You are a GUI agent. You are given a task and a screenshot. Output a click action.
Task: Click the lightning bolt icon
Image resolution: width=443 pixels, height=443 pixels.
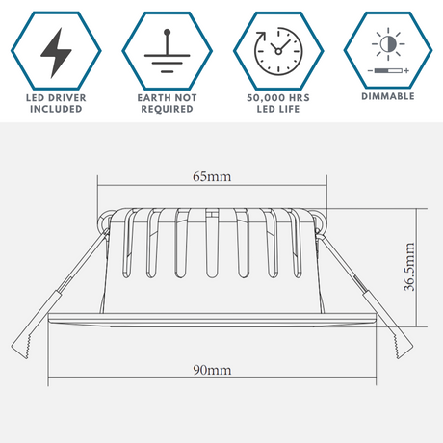[56, 53]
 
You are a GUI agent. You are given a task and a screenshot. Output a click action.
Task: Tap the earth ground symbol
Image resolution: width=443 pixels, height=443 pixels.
[167, 51]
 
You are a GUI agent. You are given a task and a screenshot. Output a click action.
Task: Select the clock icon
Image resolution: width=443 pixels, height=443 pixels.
[278, 50]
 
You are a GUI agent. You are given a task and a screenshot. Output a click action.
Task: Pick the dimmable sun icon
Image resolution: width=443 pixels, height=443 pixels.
[388, 44]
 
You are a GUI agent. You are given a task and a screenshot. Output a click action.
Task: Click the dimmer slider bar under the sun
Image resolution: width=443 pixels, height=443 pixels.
[388, 70]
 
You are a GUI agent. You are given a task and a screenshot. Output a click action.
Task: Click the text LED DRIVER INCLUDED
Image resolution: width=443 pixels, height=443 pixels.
[56, 103]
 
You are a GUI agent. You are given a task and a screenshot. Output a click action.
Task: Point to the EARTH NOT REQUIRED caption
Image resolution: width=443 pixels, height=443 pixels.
[167, 103]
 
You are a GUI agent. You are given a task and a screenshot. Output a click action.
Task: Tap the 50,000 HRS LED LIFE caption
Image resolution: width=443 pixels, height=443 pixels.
[278, 103]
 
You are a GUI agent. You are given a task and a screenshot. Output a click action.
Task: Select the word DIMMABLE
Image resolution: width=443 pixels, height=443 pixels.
[388, 96]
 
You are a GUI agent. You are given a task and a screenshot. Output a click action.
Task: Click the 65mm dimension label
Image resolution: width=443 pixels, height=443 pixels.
[212, 176]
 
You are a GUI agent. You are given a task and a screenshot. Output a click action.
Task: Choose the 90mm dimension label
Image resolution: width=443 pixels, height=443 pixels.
[212, 370]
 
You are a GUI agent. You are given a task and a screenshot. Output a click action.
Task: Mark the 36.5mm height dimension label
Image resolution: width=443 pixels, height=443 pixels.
[409, 267]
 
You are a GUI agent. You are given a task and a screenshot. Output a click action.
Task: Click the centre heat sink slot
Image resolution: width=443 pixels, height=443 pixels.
[212, 243]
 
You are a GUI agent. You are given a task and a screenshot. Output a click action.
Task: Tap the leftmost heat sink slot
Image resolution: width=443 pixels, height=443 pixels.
[128, 243]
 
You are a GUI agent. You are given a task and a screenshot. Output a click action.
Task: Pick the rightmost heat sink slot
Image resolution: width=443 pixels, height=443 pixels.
[296, 243]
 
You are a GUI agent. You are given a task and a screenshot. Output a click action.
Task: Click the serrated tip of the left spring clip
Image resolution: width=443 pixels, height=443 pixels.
[21, 347]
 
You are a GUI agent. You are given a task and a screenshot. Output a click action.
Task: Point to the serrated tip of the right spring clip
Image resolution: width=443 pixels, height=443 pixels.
[402, 347]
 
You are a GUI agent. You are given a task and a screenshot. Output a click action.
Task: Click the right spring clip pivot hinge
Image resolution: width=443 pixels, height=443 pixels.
[319, 222]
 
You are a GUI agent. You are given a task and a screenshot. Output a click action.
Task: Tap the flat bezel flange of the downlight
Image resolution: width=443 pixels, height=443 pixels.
[212, 320]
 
